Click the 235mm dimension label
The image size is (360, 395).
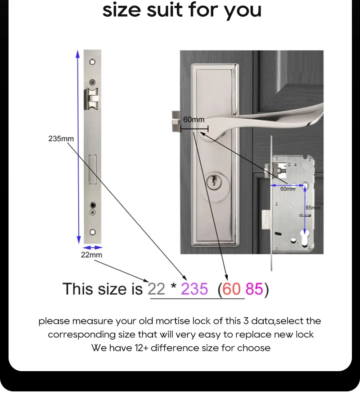click(61, 139)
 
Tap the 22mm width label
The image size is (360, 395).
click(91, 255)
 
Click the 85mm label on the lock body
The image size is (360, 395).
click(313, 207)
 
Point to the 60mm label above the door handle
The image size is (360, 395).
click(193, 119)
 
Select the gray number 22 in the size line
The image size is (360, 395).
click(156, 289)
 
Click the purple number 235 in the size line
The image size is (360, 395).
click(194, 289)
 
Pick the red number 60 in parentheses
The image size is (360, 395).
click(231, 289)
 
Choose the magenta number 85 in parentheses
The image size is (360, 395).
click(254, 289)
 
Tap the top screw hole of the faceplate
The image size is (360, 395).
click(92, 62)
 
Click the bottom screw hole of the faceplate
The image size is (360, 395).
click(93, 232)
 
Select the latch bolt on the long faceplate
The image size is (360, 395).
click(92, 99)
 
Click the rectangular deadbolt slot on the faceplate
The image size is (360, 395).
click(92, 170)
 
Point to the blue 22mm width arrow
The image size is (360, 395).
click(92, 248)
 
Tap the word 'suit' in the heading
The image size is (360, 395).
click(165, 9)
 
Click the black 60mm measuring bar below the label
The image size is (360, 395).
click(194, 129)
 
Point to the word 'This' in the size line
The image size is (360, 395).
click(78, 289)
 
